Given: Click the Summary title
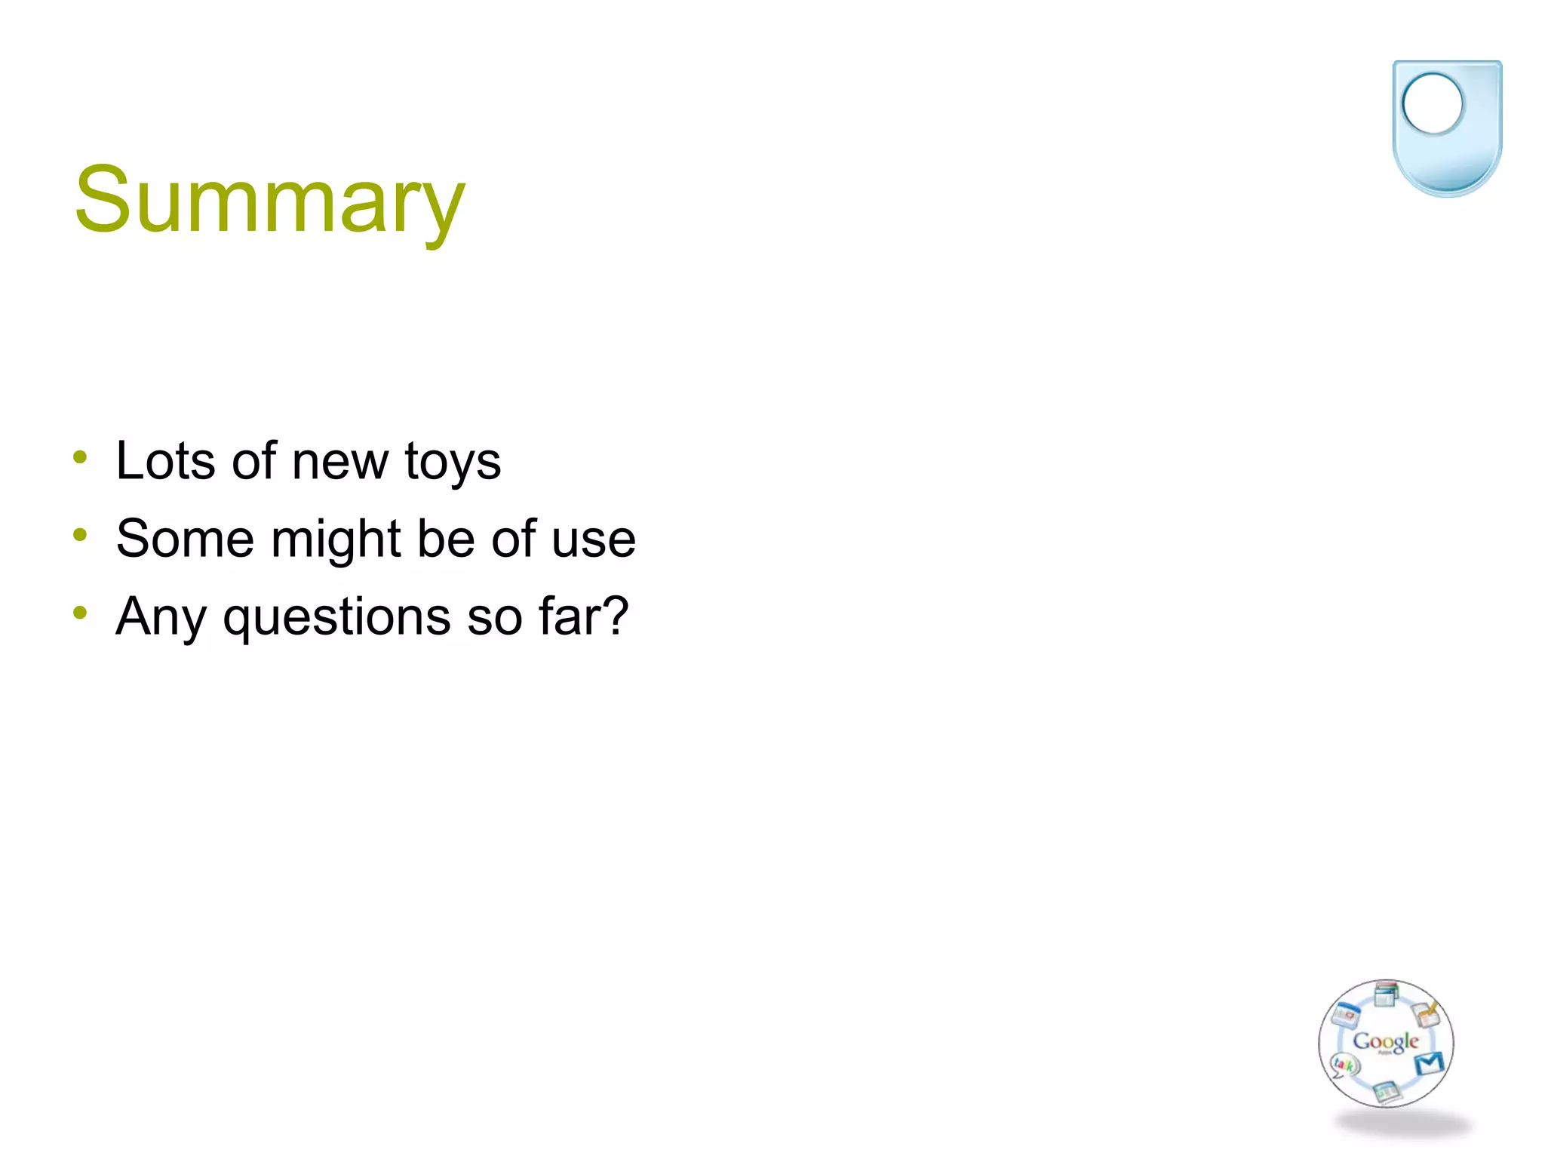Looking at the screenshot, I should coord(270,201).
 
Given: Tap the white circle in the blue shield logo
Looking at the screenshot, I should coord(1432,104).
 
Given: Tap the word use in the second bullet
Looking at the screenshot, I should coord(594,540).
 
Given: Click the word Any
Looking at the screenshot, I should coord(161,618).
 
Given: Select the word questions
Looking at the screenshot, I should coord(336,618).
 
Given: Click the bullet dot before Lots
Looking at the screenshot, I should coord(81,457).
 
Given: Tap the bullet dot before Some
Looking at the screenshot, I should coord(81,535).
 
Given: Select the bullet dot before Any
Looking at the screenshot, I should coord(81,613).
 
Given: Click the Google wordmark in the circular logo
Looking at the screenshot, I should coord(1385,1042).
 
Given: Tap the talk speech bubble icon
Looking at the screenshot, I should coord(1344,1065).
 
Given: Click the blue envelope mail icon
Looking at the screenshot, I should coord(1429,1062).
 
